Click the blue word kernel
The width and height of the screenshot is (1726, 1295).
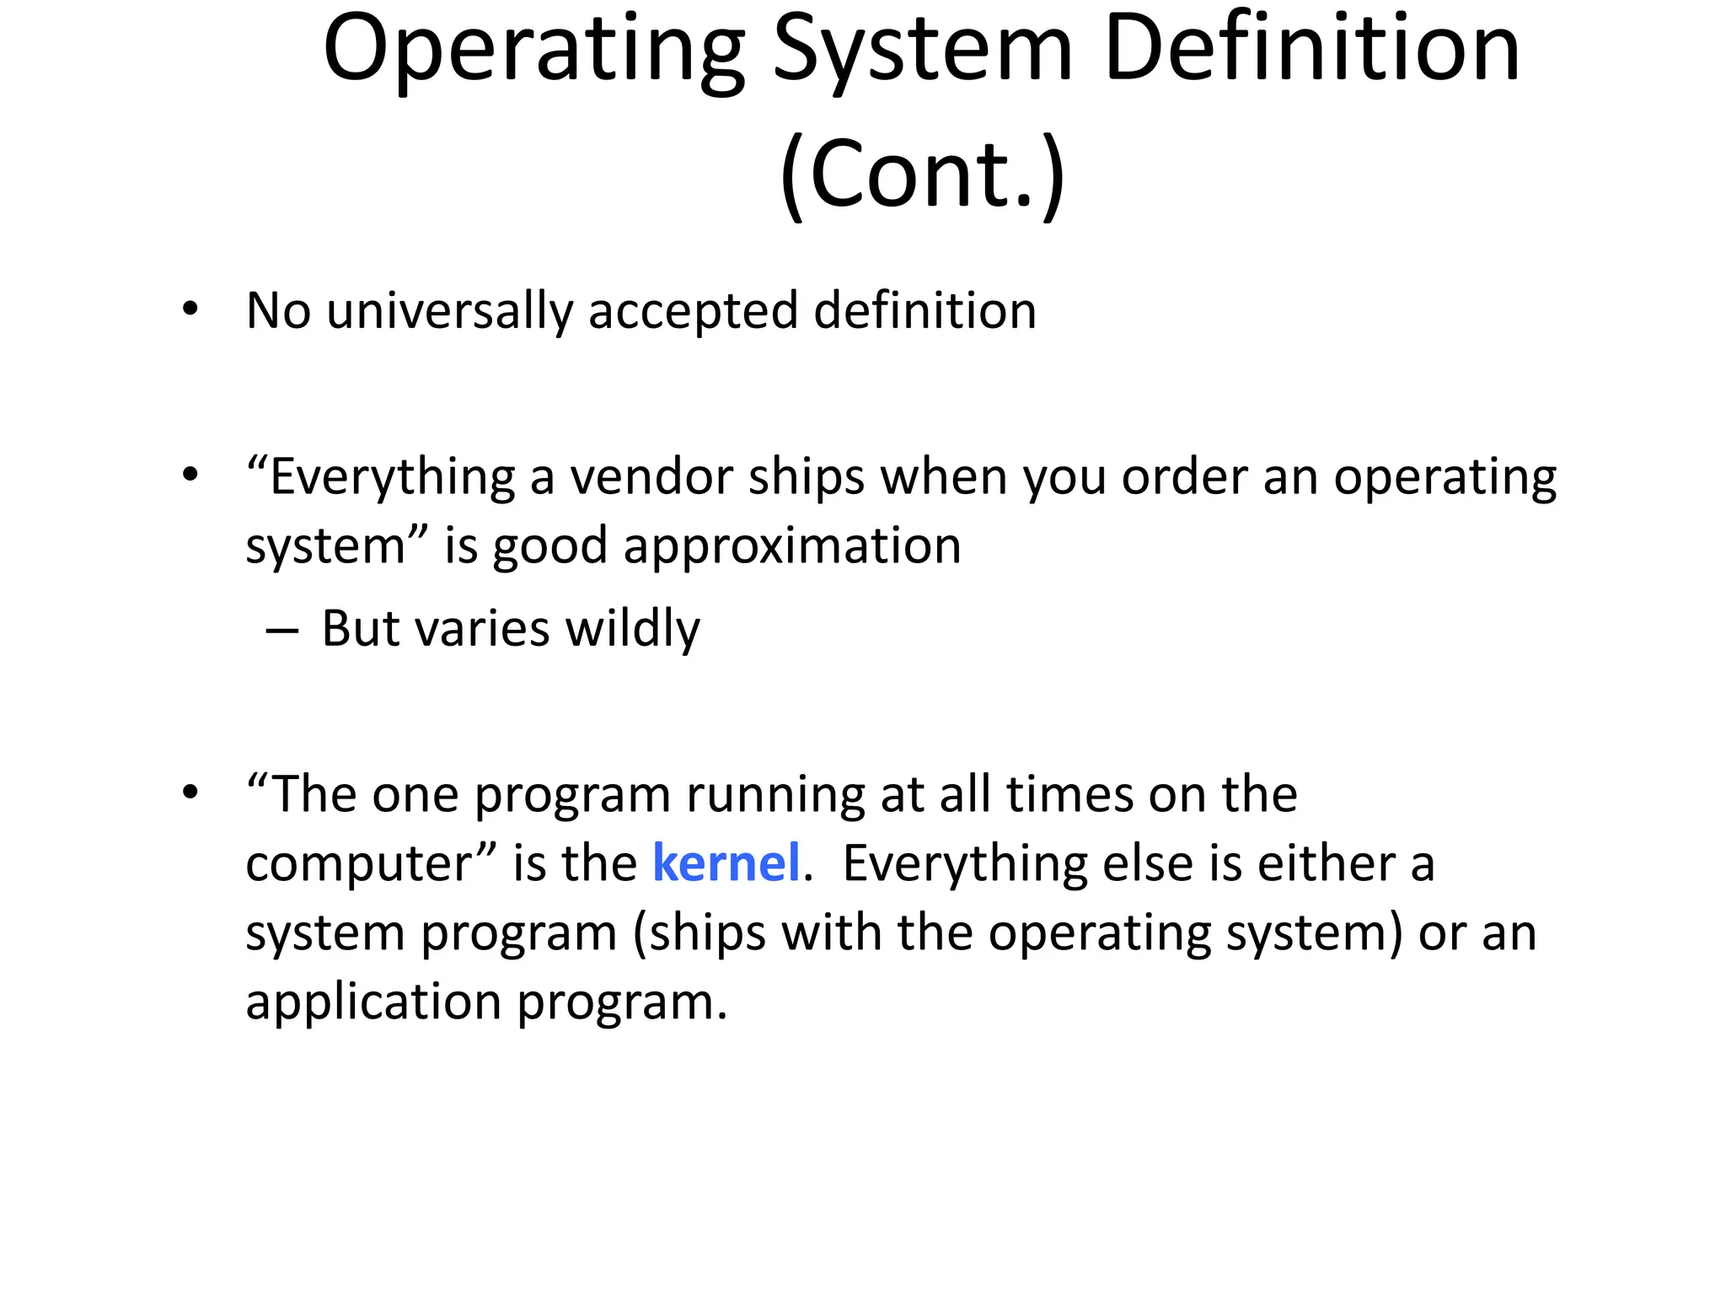point(726,863)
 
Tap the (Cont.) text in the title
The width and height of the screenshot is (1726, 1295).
point(923,174)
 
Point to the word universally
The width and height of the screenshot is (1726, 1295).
point(449,311)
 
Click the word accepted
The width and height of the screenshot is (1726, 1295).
point(693,311)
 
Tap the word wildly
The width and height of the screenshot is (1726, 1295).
point(632,628)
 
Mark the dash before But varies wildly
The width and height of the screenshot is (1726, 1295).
point(281,631)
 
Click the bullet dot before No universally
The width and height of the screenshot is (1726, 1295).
point(190,309)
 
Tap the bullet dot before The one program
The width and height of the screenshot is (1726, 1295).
point(190,793)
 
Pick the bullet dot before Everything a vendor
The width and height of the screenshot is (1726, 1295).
point(190,476)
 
